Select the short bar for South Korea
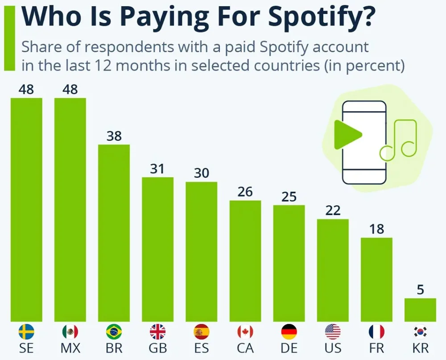[420, 310]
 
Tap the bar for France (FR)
[376, 279]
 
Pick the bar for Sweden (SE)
[26, 210]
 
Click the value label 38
[114, 136]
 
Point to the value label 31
[157, 169]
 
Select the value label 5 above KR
[420, 290]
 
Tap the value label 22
[333, 211]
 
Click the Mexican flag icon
[70, 332]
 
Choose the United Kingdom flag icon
[157, 332]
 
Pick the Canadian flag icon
[245, 332]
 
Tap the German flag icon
[289, 332]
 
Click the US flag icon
[333, 332]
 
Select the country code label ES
[201, 348]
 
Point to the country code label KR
[420, 348]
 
